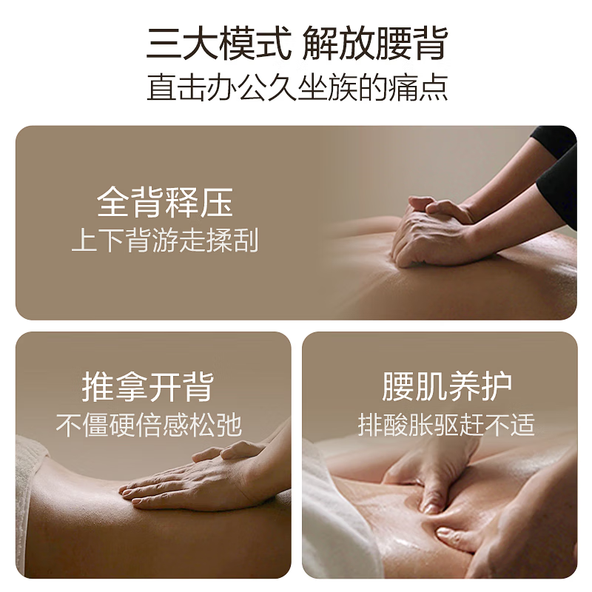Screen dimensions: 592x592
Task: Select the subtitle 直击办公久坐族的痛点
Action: tap(297, 87)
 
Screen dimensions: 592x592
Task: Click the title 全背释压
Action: tap(164, 202)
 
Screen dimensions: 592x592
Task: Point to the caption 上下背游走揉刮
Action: tap(164, 240)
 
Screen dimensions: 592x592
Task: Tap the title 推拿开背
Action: tap(147, 386)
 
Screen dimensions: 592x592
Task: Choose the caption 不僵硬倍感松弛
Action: tap(148, 425)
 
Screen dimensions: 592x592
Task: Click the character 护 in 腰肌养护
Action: tap(495, 386)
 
